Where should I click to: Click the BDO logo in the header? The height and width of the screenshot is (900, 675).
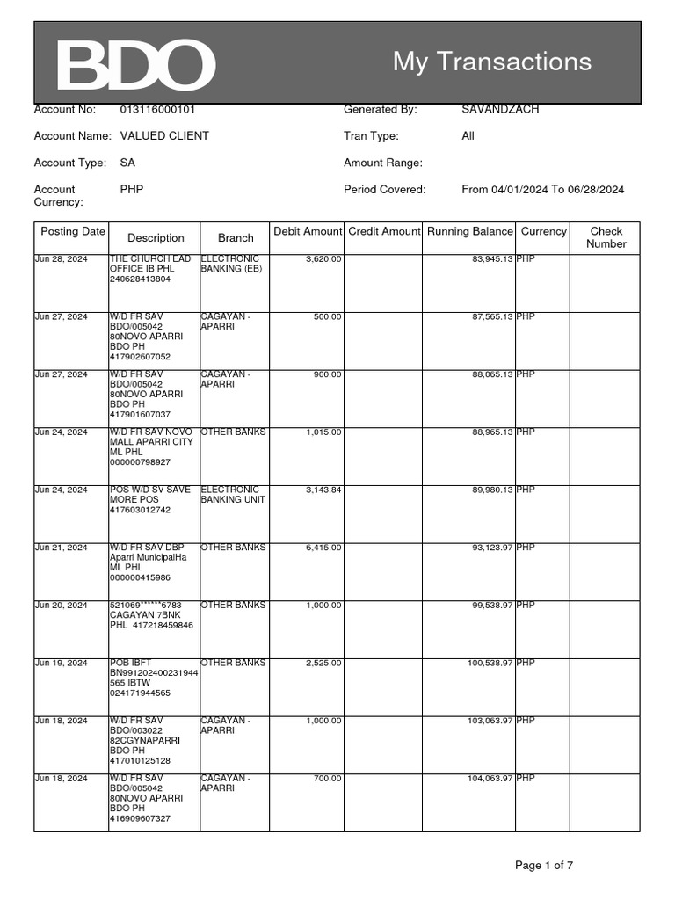click(x=135, y=64)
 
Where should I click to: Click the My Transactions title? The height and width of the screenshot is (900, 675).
click(x=491, y=62)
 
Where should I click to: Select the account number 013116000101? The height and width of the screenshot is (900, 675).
click(x=157, y=110)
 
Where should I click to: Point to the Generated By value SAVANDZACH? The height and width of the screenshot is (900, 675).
click(x=500, y=110)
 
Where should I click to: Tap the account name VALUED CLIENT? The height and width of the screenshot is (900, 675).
click(x=164, y=136)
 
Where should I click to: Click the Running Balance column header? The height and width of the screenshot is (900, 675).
click(x=469, y=232)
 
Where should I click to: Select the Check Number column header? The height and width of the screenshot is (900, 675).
click(x=606, y=237)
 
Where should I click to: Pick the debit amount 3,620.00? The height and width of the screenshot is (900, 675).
click(x=323, y=259)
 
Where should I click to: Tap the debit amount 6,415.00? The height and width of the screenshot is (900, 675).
click(x=323, y=548)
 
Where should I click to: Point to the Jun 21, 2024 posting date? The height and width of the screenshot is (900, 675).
click(x=61, y=548)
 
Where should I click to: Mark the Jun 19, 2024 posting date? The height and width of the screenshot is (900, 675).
click(x=61, y=663)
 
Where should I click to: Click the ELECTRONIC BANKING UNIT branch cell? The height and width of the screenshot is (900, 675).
click(x=233, y=495)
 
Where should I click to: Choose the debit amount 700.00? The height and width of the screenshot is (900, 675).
click(x=326, y=779)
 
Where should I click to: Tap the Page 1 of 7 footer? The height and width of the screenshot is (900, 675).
click(x=543, y=866)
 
